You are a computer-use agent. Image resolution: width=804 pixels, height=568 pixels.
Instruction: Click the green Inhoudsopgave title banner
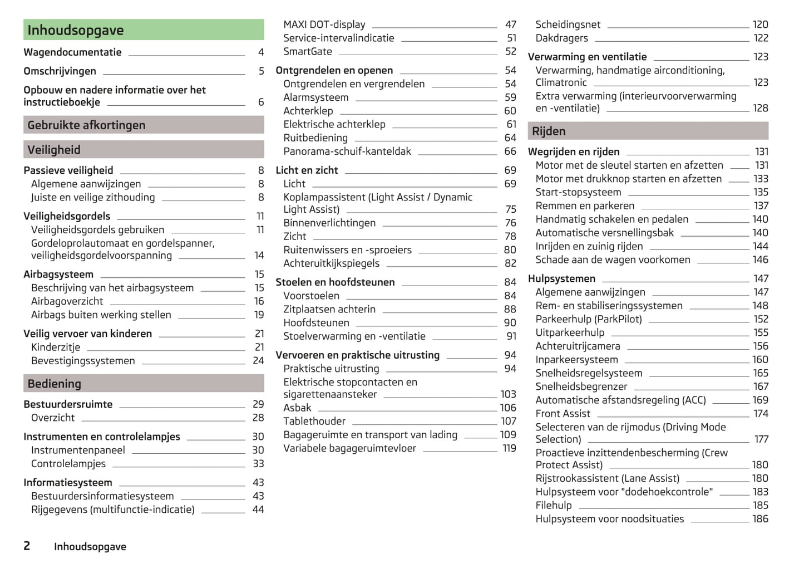click(144, 30)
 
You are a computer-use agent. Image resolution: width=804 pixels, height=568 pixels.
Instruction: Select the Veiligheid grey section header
click(144, 150)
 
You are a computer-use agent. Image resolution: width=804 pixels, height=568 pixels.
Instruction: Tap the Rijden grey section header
click(648, 131)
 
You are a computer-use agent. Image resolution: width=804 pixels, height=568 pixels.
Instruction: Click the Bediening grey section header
click(144, 384)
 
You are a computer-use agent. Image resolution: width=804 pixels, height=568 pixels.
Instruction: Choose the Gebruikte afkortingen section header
click(144, 125)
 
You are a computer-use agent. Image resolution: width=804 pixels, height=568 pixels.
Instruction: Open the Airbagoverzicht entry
click(67, 301)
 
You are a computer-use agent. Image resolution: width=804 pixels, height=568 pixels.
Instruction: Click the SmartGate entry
click(308, 52)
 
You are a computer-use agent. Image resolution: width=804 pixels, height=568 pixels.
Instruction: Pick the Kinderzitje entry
click(56, 347)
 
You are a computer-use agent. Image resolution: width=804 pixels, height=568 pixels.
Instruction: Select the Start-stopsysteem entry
click(578, 193)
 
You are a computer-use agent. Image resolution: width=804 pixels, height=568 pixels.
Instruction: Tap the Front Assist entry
click(563, 414)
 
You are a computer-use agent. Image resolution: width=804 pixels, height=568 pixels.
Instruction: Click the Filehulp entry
click(554, 506)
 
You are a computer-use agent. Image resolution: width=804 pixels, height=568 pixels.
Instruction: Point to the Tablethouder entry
click(314, 422)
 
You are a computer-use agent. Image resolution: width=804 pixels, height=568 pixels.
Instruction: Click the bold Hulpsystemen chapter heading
click(561, 278)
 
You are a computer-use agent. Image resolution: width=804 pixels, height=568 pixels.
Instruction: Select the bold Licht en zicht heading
click(307, 170)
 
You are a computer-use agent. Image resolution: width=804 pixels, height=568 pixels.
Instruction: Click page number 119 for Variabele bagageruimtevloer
click(509, 448)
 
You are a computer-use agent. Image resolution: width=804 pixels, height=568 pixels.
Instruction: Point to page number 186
click(760, 519)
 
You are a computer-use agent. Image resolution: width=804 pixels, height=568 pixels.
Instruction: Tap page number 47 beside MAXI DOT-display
click(511, 25)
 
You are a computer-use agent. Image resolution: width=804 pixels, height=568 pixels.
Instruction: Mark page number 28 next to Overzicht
click(258, 418)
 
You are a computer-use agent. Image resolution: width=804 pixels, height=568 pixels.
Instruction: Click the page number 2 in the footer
click(27, 546)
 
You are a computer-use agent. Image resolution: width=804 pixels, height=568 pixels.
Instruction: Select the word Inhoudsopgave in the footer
click(90, 547)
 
